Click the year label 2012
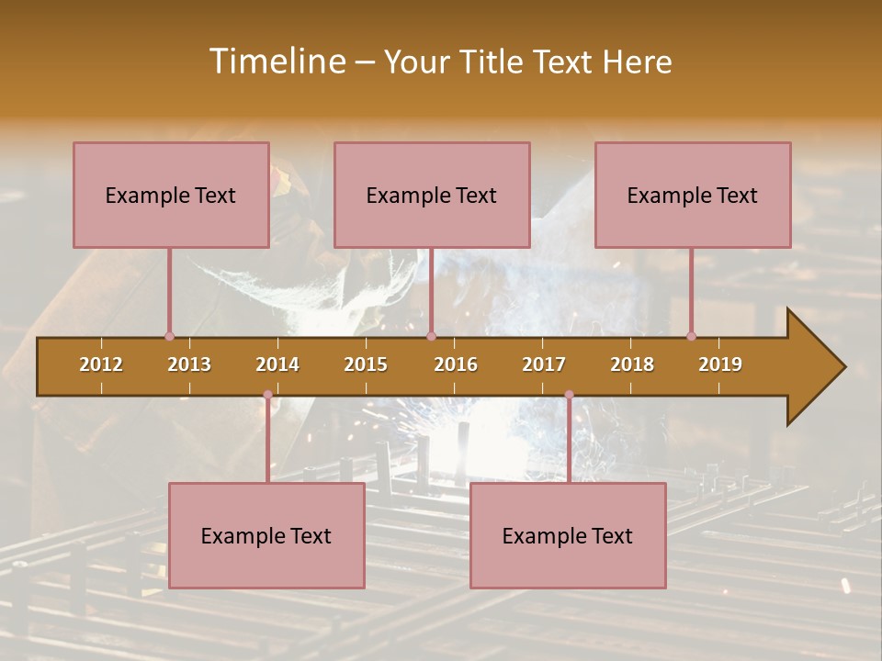(x=101, y=364)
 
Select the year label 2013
(x=189, y=364)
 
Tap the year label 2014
(x=277, y=364)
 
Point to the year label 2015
(x=366, y=364)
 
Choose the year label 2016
(x=456, y=364)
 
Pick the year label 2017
(x=544, y=364)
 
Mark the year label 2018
(x=632, y=364)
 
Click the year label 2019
(x=720, y=364)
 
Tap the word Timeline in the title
(x=276, y=62)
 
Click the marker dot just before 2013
(x=169, y=336)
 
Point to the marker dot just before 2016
(x=431, y=336)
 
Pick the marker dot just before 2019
(x=691, y=336)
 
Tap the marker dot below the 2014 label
(x=267, y=395)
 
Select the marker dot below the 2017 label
(x=569, y=395)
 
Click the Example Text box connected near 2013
(x=171, y=195)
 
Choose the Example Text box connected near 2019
(x=693, y=195)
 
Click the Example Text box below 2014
(x=266, y=535)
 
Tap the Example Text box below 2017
(x=568, y=535)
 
